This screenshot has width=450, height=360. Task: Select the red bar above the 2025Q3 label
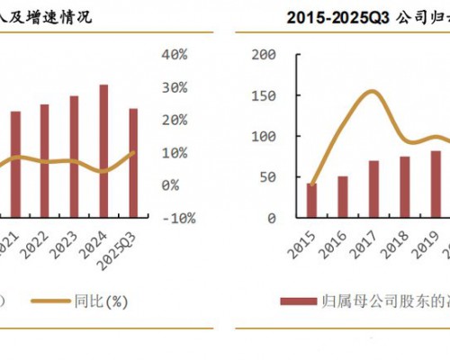pos(134,163)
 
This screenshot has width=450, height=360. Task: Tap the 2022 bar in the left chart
pos(44,161)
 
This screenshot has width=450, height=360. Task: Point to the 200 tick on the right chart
pos(263,54)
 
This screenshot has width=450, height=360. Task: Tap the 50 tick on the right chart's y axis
pos(266,177)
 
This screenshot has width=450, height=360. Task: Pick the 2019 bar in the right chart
pos(436,184)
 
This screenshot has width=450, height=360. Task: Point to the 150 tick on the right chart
pos(263,95)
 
